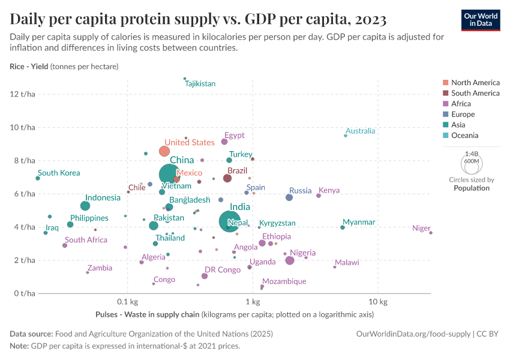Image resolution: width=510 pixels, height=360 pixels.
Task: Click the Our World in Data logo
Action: point(481,20)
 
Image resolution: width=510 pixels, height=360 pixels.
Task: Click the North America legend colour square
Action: point(445,83)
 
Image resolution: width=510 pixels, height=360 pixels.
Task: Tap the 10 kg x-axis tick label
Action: point(377,301)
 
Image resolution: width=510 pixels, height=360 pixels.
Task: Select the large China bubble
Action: point(170,175)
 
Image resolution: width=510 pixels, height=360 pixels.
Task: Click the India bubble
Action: point(229,221)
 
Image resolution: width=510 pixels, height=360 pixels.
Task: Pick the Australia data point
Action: point(346,136)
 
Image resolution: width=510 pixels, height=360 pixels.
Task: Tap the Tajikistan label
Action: point(200,84)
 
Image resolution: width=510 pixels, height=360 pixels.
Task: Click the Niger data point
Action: point(431,233)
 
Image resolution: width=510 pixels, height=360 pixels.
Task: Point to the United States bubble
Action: point(164,151)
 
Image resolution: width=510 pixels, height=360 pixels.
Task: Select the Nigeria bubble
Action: point(290,260)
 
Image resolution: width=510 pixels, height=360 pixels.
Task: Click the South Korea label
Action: point(59,173)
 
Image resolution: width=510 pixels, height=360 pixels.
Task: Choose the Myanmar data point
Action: point(343,227)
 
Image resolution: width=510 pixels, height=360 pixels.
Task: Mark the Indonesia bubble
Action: point(85,206)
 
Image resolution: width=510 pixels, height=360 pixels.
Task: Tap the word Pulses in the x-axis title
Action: point(107,314)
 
